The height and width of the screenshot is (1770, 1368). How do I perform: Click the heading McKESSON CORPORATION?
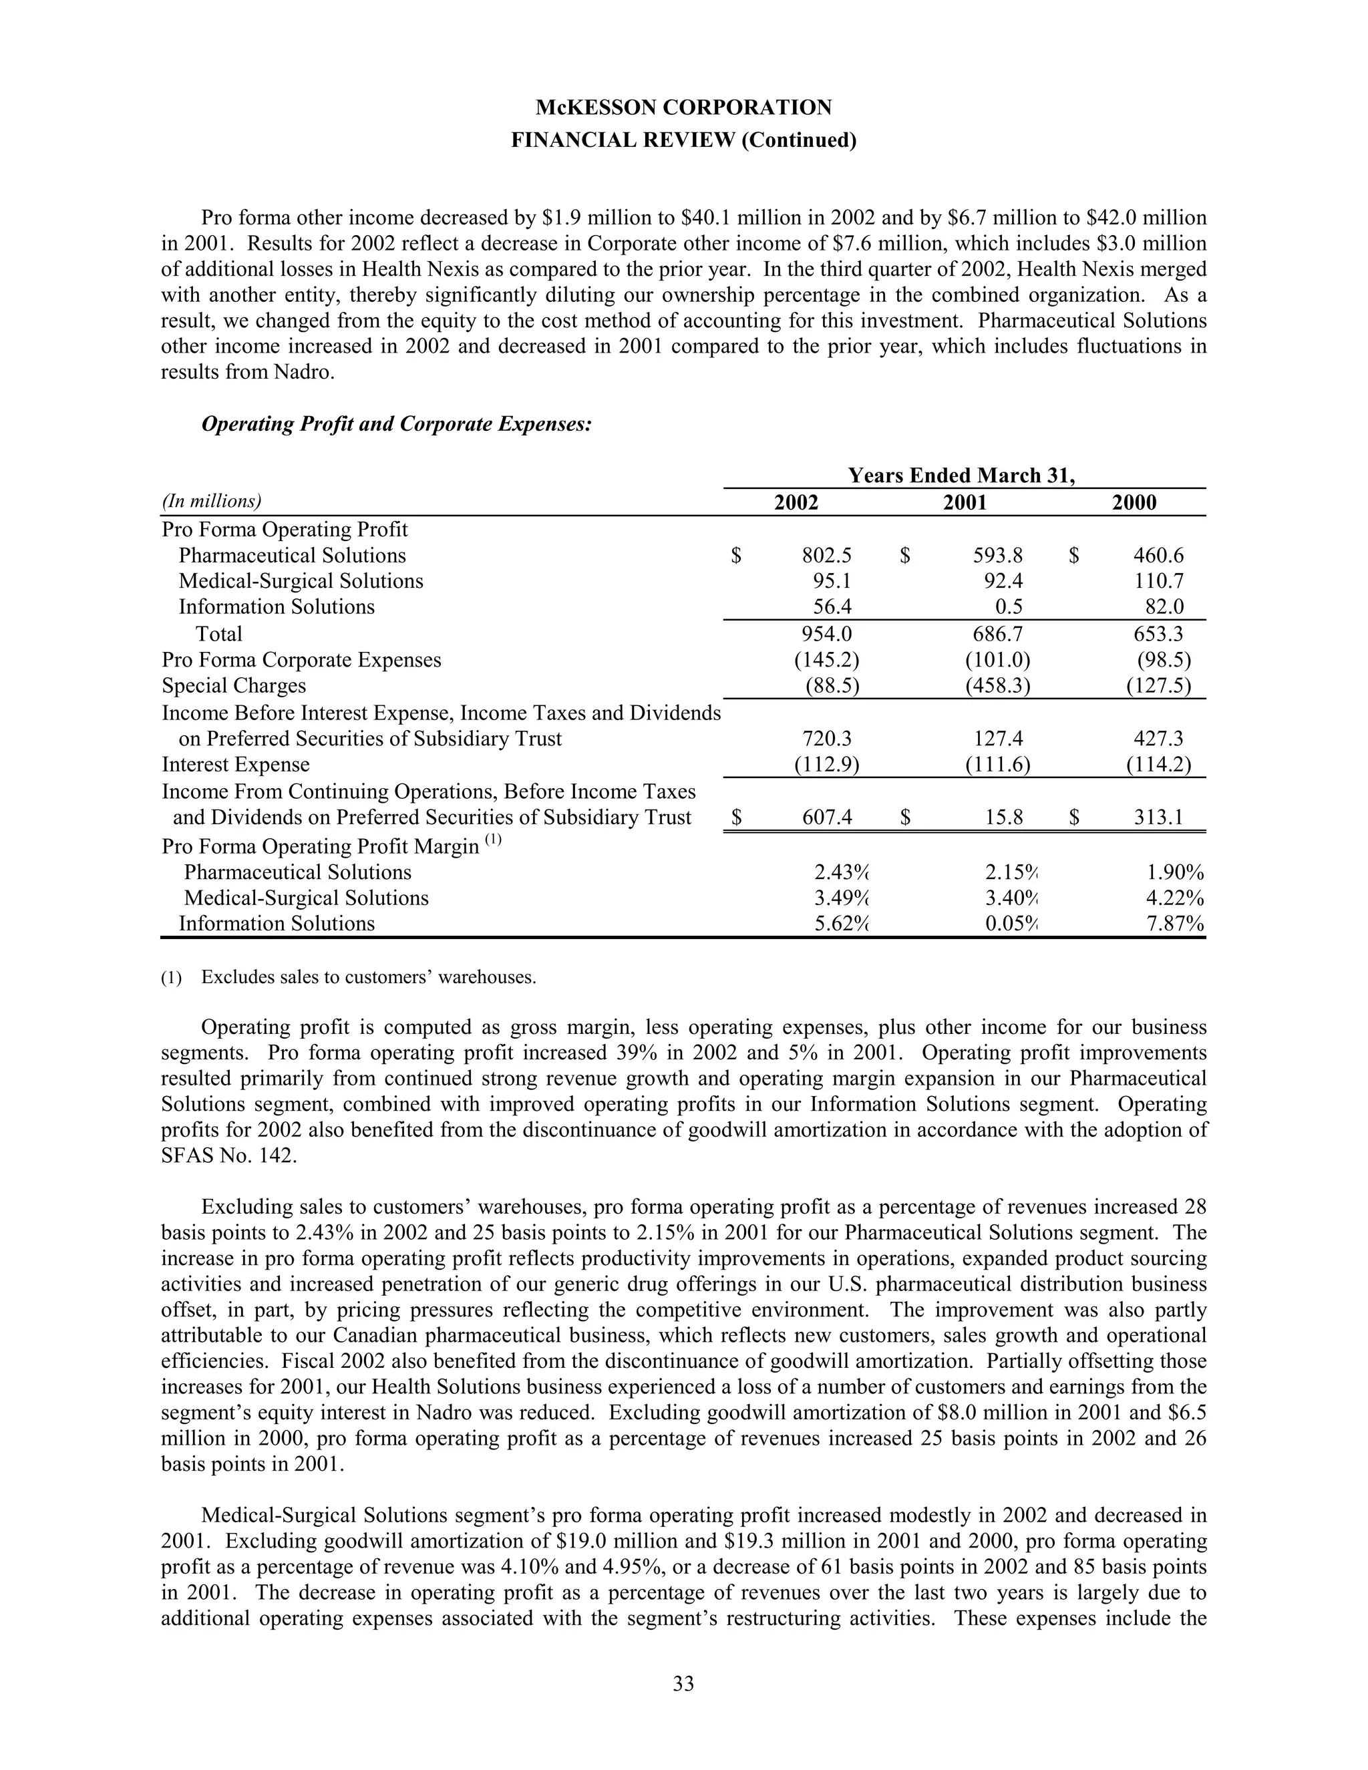pyautogui.click(x=683, y=107)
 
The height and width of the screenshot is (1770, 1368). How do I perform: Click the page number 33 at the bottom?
pyautogui.click(x=683, y=1683)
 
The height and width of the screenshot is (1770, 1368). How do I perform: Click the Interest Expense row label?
pyautogui.click(x=236, y=764)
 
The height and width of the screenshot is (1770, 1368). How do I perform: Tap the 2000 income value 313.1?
pyautogui.click(x=1158, y=817)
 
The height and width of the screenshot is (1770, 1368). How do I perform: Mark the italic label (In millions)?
pyautogui.click(x=212, y=501)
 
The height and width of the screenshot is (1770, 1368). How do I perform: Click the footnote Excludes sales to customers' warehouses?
pyautogui.click(x=369, y=977)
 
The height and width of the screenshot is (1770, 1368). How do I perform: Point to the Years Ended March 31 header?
pyautogui.click(x=961, y=475)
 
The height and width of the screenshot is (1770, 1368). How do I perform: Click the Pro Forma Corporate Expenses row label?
pyautogui.click(x=301, y=660)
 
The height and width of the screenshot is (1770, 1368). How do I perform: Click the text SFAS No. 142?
pyautogui.click(x=229, y=1155)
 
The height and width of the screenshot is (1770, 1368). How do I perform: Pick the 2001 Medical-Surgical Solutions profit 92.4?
pyautogui.click(x=1002, y=581)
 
